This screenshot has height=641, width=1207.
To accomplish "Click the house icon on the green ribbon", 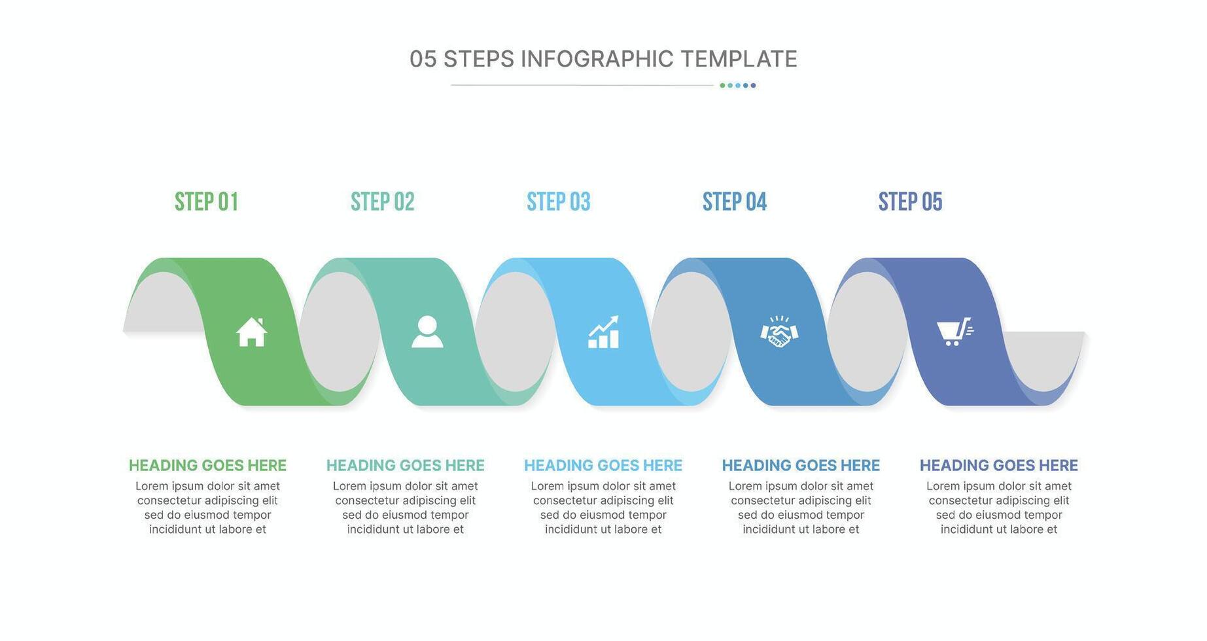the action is (252, 332).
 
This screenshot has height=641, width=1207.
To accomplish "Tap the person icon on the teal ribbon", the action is (427, 332).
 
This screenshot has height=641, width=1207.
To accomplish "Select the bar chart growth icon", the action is (603, 332).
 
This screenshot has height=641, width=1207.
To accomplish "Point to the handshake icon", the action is (779, 332).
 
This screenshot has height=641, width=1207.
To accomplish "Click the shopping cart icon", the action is (955, 332).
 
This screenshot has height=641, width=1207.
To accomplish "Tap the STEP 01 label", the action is (206, 201).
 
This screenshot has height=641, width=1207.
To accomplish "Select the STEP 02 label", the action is (383, 201).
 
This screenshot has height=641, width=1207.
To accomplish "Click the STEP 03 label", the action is (559, 201).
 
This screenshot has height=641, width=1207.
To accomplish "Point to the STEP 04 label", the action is (735, 201).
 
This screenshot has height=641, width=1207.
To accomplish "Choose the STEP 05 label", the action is (911, 201).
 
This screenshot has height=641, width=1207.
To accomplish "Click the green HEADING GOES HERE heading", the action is (207, 466).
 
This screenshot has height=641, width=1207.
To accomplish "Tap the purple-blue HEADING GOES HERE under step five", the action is (999, 466).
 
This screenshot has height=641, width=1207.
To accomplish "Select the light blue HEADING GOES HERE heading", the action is (603, 466).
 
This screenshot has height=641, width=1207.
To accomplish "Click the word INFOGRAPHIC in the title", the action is (597, 59).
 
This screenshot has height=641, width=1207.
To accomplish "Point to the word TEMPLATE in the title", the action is (739, 59).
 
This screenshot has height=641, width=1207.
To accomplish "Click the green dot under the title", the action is (722, 85).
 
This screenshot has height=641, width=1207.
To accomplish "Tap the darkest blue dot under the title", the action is (753, 85).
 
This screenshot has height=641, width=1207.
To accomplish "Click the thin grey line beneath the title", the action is (582, 85).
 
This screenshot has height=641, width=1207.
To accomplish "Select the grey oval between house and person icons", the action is (339, 332).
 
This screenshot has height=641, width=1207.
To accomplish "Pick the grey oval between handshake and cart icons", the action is (867, 332).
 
